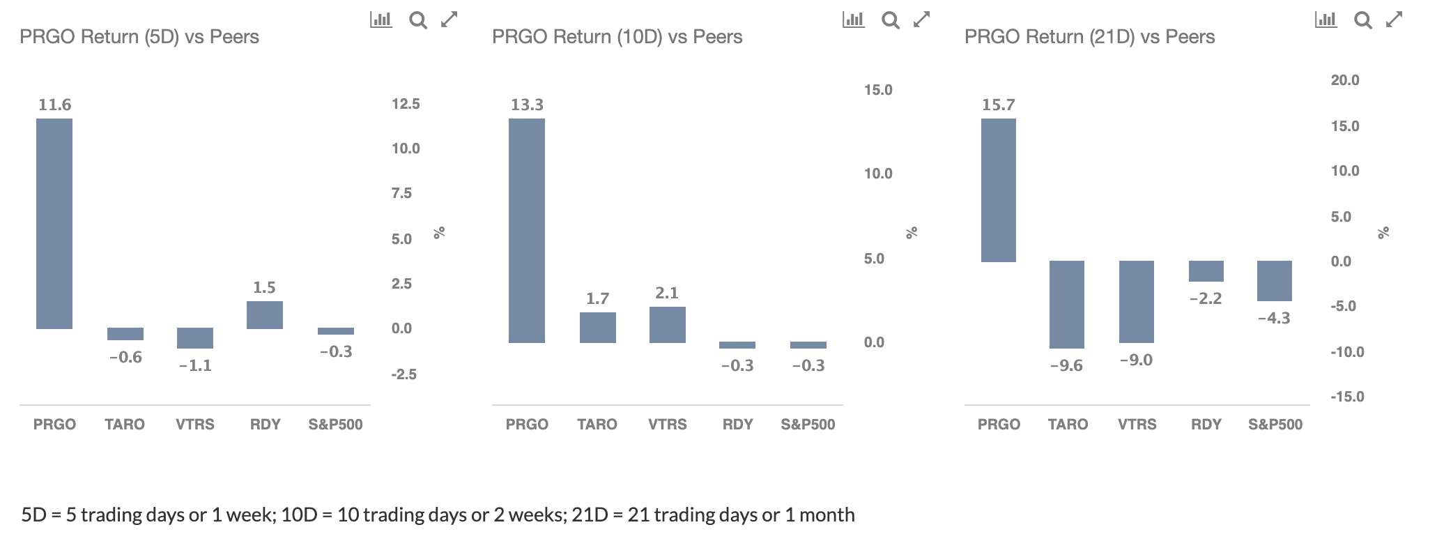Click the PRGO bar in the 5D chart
click(54, 224)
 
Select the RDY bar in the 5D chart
click(265, 315)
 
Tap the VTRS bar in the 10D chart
click(668, 325)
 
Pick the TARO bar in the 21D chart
click(1067, 305)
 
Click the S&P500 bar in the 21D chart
click(1275, 281)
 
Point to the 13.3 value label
click(527, 105)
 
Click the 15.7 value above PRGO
click(999, 105)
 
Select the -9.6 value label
click(1066, 365)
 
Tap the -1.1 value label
click(195, 365)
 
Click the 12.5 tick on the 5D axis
click(406, 104)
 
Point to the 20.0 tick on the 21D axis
click(1345, 80)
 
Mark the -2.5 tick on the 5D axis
click(404, 374)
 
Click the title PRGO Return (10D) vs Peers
click(617, 37)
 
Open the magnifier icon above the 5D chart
click(418, 20)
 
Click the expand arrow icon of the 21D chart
click(1394, 20)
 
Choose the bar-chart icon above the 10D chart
click(854, 20)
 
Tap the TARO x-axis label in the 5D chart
click(125, 424)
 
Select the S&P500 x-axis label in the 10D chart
click(808, 424)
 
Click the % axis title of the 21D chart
click(1384, 233)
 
